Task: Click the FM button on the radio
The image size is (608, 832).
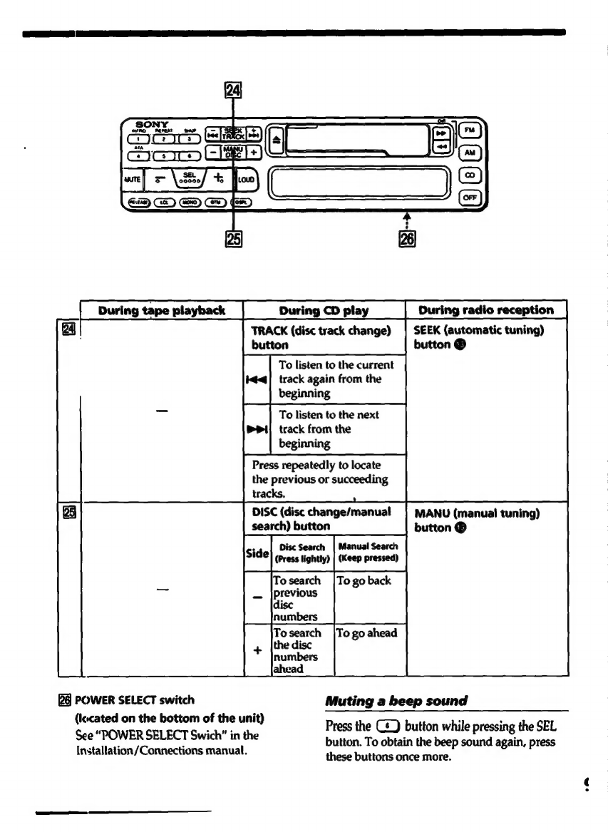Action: coord(469,130)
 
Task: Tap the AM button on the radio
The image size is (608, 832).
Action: coord(469,152)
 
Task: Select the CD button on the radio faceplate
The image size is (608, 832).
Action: coord(469,175)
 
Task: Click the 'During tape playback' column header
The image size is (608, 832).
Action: coord(162,310)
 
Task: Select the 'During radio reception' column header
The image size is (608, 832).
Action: coord(486,310)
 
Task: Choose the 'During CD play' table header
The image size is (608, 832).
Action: coord(324,310)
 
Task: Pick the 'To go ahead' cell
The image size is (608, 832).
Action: coord(366,633)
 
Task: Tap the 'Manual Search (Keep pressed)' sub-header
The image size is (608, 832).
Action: coord(369,553)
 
